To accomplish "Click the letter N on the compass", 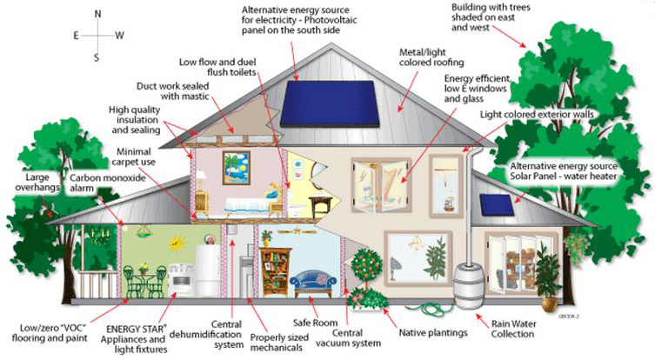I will tap(97, 14).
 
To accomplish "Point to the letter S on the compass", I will tap(97, 58).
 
